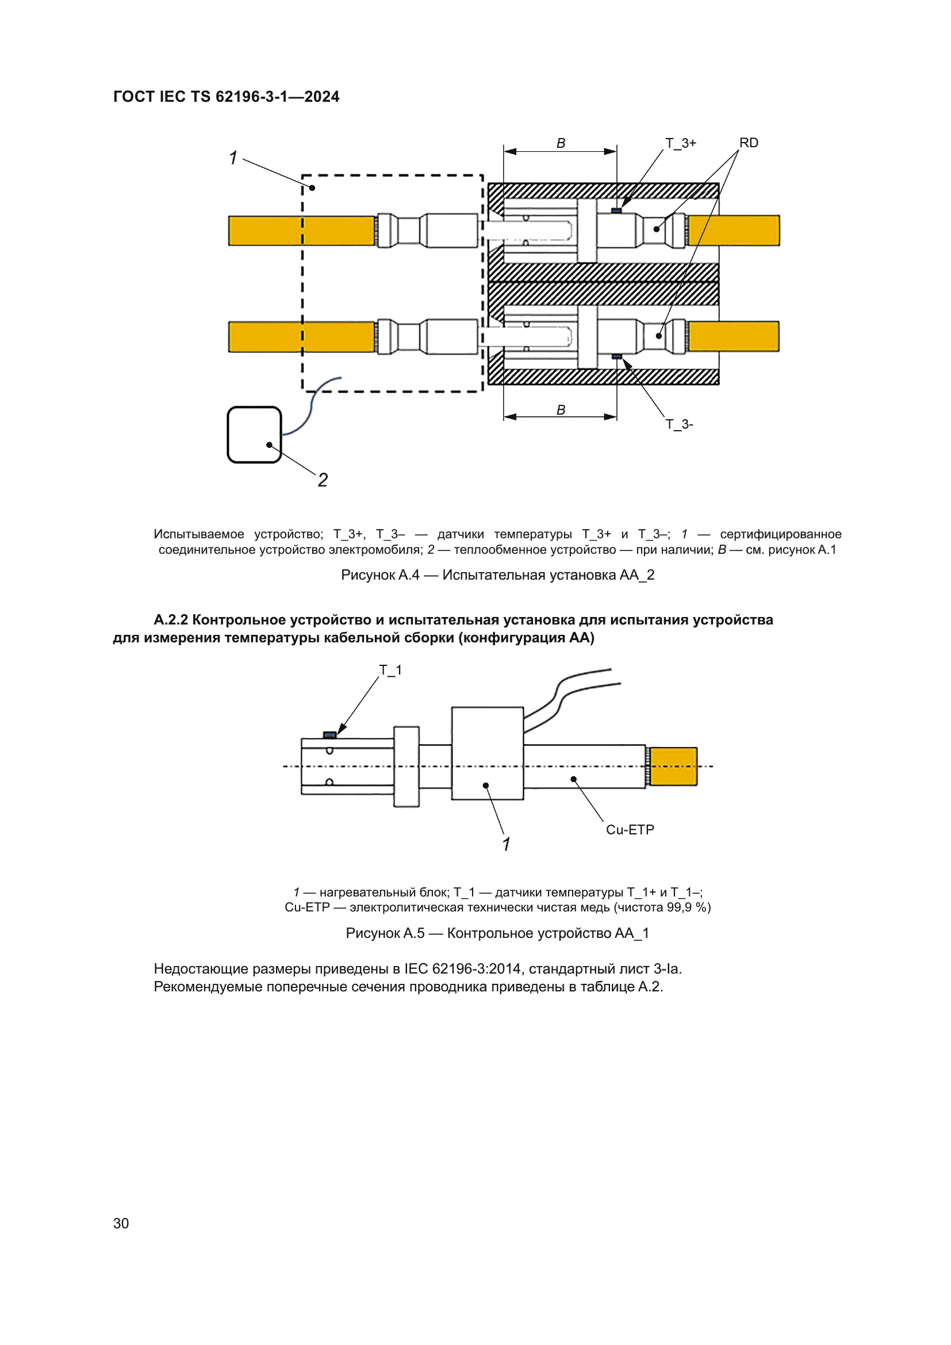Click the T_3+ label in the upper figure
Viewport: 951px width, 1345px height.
680,143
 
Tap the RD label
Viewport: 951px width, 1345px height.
748,143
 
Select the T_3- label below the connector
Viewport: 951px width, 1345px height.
678,424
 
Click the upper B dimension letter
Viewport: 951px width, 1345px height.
561,143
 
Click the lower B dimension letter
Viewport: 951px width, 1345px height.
561,410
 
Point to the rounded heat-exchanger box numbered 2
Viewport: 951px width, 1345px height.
254,435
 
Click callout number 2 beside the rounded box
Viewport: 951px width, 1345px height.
323,480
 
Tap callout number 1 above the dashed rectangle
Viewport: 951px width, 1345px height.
233,158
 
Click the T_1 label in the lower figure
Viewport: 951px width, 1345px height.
390,669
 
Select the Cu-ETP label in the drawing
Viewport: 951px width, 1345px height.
630,830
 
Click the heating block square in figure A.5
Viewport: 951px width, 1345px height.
487,753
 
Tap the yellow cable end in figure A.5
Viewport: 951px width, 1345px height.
673,766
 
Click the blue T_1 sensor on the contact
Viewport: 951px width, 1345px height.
329,734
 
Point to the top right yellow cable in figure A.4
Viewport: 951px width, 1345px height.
733,230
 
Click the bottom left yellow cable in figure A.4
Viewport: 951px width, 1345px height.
301,337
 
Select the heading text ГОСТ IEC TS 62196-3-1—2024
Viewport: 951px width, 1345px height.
226,97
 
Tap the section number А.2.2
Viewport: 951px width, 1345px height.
170,620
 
